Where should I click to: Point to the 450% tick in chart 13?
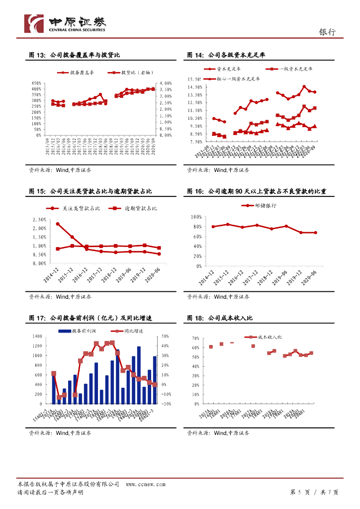click(36, 83)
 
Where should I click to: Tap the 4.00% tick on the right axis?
click(166, 83)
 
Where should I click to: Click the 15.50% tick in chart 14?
click(194, 79)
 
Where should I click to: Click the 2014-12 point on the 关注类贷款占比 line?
click(58, 224)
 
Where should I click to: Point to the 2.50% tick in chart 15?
click(39, 220)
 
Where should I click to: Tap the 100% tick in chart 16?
click(194, 217)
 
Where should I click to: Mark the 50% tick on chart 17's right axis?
click(166, 337)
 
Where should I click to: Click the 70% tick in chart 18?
click(194, 338)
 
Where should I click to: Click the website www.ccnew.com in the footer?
click(145, 484)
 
